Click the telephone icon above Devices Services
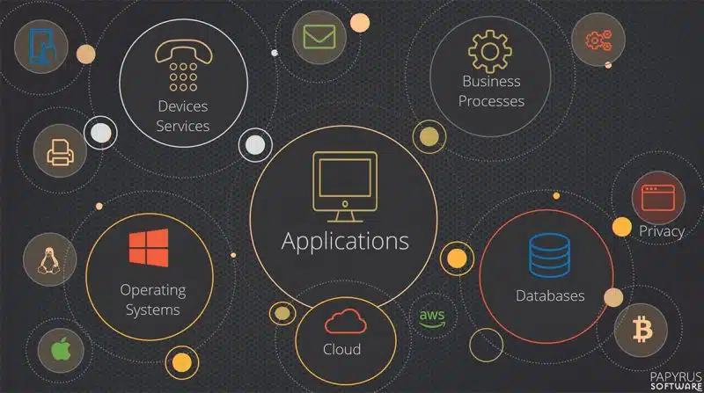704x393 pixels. pyautogui.click(x=184, y=65)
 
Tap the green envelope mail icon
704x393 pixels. pyautogui.click(x=319, y=37)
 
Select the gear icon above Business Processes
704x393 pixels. pyautogui.click(x=490, y=52)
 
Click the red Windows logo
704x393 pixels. pyautogui.click(x=149, y=248)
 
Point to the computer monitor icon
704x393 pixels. pyautogui.click(x=345, y=186)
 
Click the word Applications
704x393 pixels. pyautogui.click(x=345, y=241)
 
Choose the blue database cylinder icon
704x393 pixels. pyautogui.click(x=549, y=255)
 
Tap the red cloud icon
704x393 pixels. pyautogui.click(x=345, y=321)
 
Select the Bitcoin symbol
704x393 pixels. pyautogui.click(x=642, y=330)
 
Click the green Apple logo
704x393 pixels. pyautogui.click(x=61, y=349)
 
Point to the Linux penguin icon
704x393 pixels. pyautogui.click(x=49, y=260)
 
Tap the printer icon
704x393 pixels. pyautogui.click(x=60, y=152)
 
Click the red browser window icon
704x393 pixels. pyautogui.click(x=658, y=198)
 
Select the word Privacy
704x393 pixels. pyautogui.click(x=662, y=231)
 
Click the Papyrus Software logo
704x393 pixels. pyautogui.click(x=676, y=381)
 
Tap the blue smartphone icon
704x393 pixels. pyautogui.click(x=40, y=47)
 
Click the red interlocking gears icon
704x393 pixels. pyautogui.click(x=598, y=40)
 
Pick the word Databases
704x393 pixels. pyautogui.click(x=550, y=295)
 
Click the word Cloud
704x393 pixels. pyautogui.click(x=341, y=349)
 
